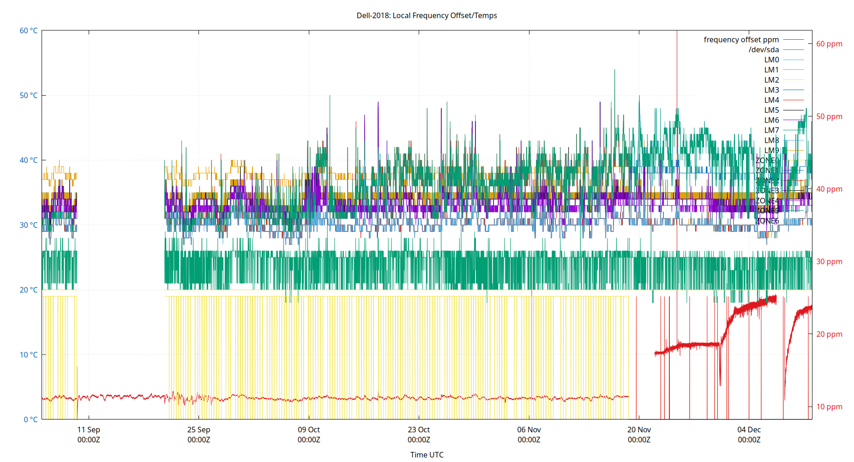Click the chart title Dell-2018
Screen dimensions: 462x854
pyautogui.click(x=427, y=15)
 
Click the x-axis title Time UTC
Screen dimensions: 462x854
pyautogui.click(x=427, y=455)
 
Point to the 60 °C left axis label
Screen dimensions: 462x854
pyautogui.click(x=29, y=30)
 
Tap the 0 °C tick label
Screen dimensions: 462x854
pyautogui.click(x=30, y=419)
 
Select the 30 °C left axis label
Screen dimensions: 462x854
pyautogui.click(x=29, y=225)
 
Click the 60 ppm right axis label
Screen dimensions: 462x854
pyautogui.click(x=829, y=44)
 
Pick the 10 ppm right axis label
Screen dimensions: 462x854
pyautogui.click(x=829, y=407)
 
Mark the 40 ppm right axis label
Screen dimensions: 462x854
pyautogui.click(x=829, y=189)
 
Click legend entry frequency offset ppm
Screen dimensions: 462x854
pyautogui.click(x=741, y=40)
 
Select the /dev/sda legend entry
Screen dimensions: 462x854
pyautogui.click(x=764, y=50)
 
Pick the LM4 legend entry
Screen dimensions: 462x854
pyautogui.click(x=771, y=100)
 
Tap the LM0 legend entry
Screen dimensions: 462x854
pyautogui.click(x=771, y=60)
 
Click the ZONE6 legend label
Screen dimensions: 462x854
pyautogui.click(x=767, y=221)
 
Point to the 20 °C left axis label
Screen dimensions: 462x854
pyautogui.click(x=29, y=290)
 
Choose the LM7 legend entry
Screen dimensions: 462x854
pyautogui.click(x=771, y=130)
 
